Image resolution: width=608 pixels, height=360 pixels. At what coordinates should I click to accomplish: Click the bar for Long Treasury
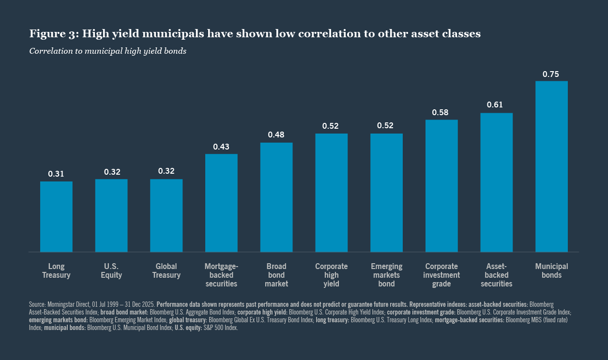coord(56,216)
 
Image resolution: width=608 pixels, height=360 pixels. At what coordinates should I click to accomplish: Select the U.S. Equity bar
coord(111,215)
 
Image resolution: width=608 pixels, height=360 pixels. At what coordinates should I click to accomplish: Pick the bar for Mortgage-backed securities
coord(221,203)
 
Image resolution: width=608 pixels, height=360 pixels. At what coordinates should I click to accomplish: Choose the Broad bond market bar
coord(276,197)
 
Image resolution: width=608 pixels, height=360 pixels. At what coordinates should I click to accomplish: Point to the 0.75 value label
coord(551,74)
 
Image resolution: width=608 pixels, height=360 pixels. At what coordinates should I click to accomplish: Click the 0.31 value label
coord(56,174)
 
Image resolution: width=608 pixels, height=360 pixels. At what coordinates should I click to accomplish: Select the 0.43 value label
coord(221,147)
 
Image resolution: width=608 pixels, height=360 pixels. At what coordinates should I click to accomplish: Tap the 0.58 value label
coord(441,112)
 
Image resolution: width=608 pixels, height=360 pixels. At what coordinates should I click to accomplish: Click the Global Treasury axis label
coord(166,270)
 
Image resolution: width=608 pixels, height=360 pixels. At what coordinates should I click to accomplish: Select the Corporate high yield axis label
coord(332,275)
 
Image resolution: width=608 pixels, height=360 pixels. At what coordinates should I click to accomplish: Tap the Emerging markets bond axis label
coord(386,275)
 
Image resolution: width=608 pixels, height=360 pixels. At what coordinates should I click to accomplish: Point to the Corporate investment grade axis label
coord(441,275)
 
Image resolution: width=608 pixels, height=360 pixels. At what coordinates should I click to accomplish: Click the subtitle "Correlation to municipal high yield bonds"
coord(108,51)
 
